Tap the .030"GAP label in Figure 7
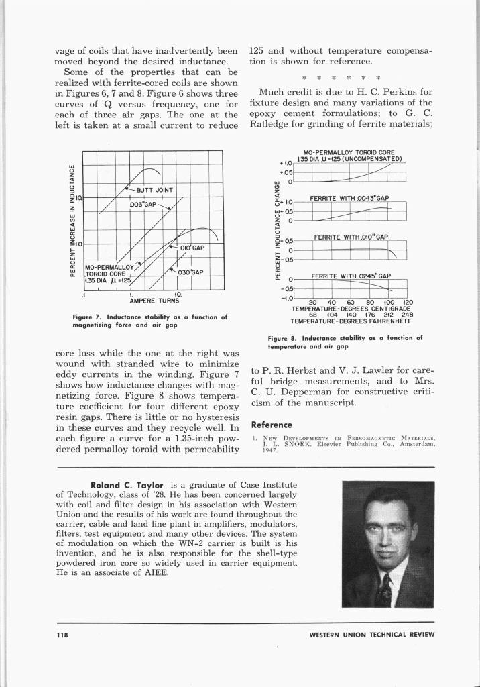click(x=190, y=272)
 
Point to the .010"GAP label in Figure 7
click(x=191, y=248)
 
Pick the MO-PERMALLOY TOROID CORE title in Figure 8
click(x=349, y=152)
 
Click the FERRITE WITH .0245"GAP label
click(x=351, y=276)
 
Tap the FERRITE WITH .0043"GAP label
click(x=349, y=198)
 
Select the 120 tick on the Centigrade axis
click(x=408, y=302)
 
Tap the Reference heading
click(x=271, y=425)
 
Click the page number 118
click(x=62, y=634)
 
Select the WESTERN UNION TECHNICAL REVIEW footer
click(x=371, y=635)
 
